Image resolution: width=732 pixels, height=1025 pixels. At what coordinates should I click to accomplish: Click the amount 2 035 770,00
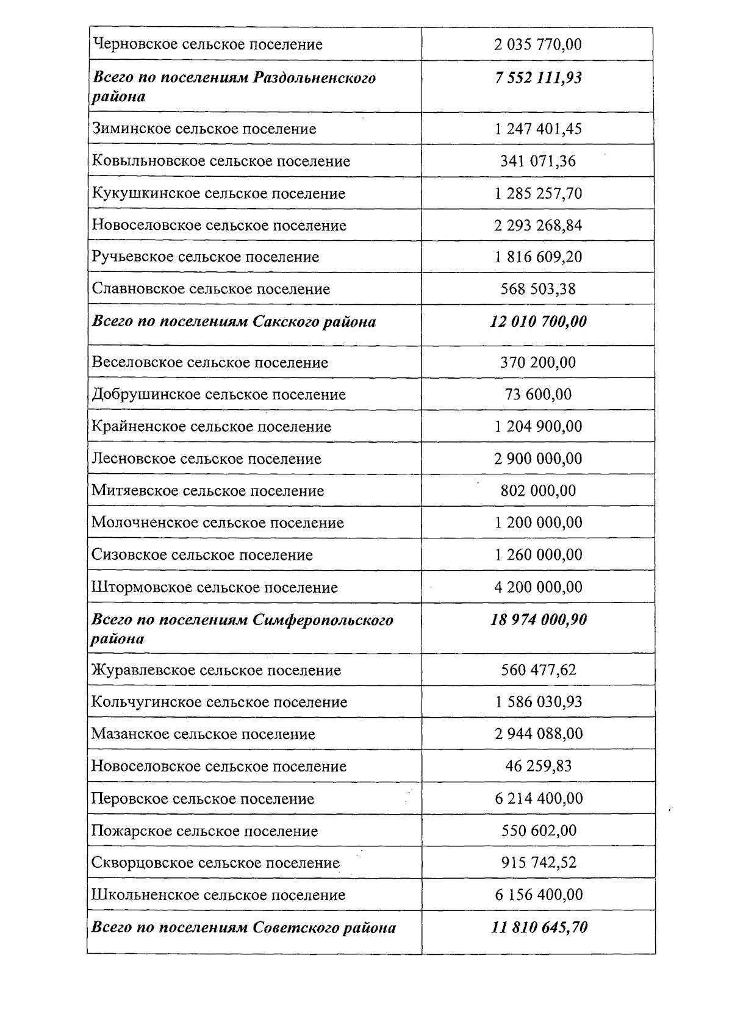click(538, 45)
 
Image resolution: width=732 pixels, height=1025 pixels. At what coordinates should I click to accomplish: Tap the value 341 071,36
click(538, 161)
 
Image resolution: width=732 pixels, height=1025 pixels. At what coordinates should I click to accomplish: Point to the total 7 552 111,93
click(538, 77)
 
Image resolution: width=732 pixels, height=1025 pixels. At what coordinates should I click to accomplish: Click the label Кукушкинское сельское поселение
click(218, 193)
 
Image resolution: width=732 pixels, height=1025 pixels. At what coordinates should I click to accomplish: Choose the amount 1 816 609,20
click(538, 257)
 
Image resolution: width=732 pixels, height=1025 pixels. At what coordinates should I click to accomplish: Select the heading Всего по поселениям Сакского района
click(234, 321)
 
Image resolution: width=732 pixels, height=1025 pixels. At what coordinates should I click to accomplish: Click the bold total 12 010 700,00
click(538, 321)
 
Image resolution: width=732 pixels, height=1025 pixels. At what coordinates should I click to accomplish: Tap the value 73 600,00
click(538, 395)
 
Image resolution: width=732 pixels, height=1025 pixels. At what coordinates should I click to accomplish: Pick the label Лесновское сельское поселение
click(206, 459)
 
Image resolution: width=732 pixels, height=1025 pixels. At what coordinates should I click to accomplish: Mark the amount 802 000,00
click(538, 491)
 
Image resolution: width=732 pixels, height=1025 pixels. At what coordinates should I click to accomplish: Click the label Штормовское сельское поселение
click(214, 587)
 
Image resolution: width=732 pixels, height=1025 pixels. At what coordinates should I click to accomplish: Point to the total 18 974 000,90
click(538, 620)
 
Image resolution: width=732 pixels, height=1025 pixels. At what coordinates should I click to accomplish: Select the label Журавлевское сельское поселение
click(216, 670)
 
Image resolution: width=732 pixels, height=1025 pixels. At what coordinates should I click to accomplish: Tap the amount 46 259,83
click(538, 766)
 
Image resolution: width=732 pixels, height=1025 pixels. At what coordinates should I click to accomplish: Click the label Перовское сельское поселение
click(203, 799)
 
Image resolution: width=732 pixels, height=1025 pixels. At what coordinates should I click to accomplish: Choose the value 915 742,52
click(538, 863)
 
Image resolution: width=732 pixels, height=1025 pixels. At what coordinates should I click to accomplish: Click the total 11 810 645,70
click(538, 927)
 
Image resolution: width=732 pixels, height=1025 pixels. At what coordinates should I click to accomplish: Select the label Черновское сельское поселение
click(207, 45)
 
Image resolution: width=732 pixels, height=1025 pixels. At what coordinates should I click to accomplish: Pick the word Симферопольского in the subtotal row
click(323, 620)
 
